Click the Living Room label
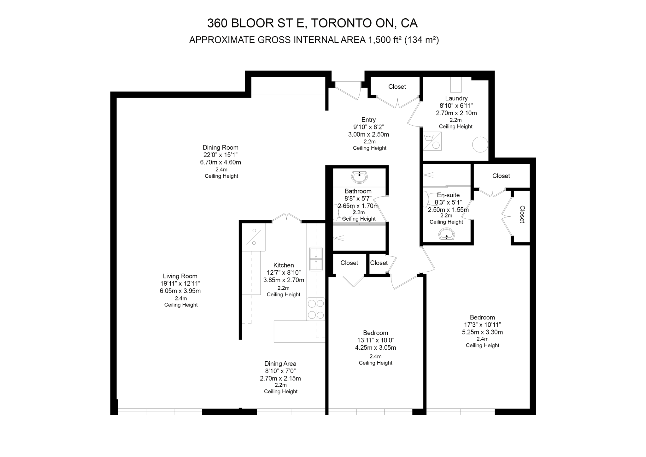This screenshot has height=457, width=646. (180, 276)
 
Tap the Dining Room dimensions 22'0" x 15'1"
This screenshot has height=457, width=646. (220, 155)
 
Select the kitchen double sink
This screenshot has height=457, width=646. (316, 259)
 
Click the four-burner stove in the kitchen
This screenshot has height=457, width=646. (316, 309)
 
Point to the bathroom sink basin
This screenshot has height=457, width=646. (359, 177)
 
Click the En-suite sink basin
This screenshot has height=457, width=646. (446, 234)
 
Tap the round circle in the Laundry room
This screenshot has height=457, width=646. (480, 145)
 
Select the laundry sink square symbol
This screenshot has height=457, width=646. (432, 141)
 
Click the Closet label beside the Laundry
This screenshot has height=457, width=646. (397, 87)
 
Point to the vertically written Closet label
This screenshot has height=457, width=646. (522, 214)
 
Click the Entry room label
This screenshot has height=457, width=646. (368, 120)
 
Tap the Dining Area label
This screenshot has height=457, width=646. (280, 364)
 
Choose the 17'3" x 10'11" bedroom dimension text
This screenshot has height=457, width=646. (482, 325)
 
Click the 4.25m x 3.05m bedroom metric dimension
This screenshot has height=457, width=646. (375, 348)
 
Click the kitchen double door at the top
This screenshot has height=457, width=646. (286, 217)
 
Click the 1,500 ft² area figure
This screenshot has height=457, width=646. (385, 40)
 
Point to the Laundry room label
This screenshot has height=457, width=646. (456, 98)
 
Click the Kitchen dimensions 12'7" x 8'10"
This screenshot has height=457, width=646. (284, 273)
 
